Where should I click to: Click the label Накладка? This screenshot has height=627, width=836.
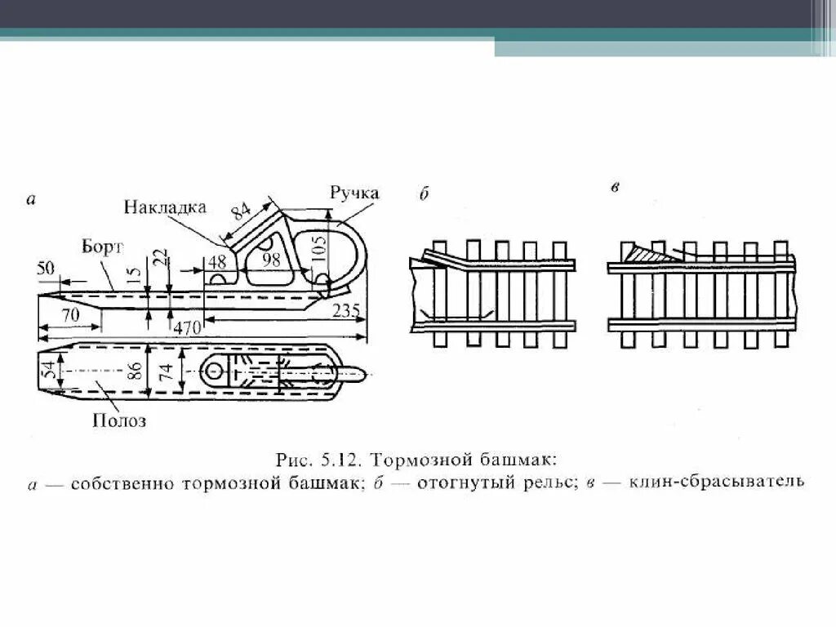click(165, 207)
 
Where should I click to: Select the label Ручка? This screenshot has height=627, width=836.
click(354, 193)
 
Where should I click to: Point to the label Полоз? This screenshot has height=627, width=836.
click(120, 421)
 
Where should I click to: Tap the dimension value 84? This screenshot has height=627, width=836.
click(242, 209)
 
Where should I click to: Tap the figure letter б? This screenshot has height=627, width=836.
click(424, 194)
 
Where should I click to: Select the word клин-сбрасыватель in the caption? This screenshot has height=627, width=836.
click(717, 482)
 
